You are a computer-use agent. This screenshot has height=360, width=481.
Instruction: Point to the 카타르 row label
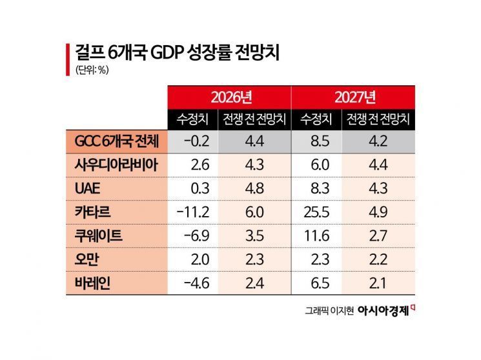click(x=90, y=211)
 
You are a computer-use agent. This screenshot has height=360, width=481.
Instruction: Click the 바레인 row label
click(x=90, y=283)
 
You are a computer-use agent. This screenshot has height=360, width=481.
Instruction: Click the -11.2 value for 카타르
click(x=192, y=212)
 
